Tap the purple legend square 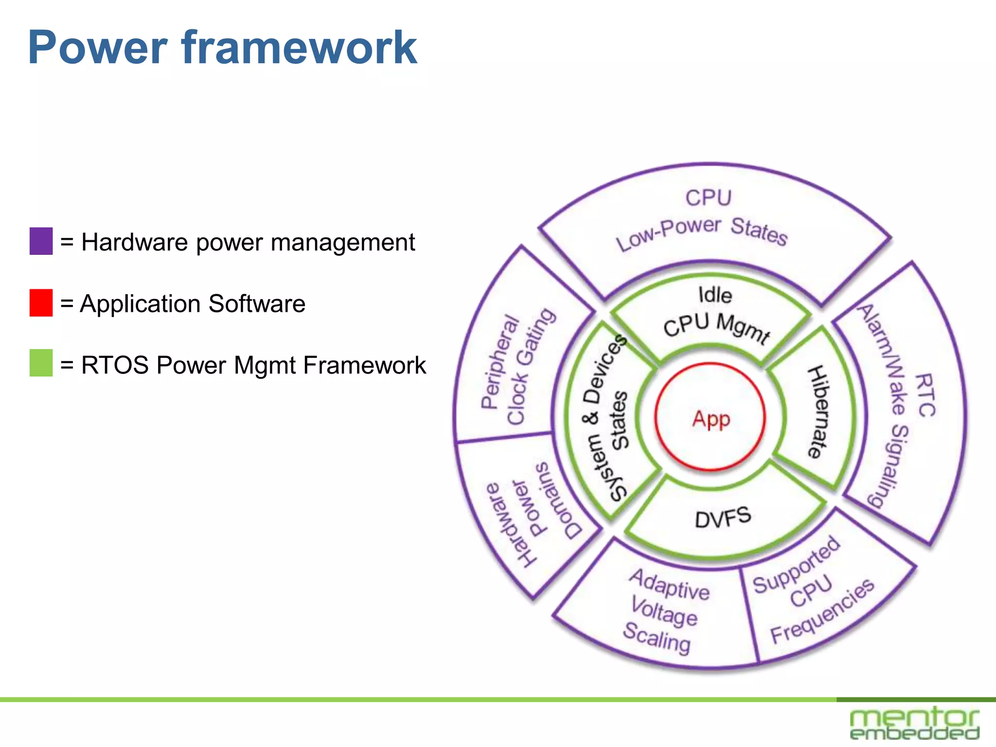click(41, 241)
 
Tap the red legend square click(41, 303)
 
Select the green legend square click(41, 363)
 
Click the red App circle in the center click(711, 418)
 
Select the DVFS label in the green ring click(723, 517)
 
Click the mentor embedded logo click(914, 723)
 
